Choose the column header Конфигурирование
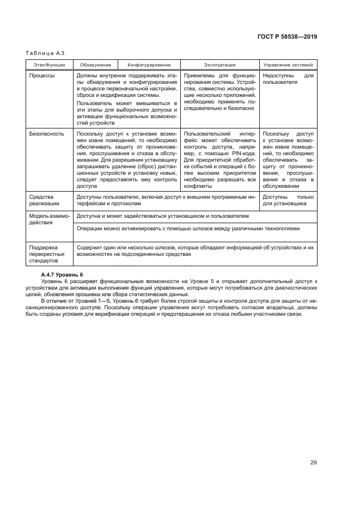pos(149,65)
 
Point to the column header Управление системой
pos(288,65)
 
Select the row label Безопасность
pos(46,133)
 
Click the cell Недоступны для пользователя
pos(288,79)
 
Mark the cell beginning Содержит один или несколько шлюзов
pos(195,250)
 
